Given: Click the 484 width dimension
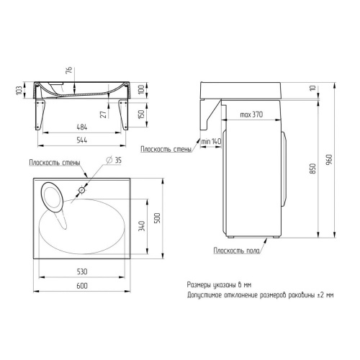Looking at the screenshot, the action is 82,127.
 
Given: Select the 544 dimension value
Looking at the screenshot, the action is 82,140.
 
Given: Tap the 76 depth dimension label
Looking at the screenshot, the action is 69,70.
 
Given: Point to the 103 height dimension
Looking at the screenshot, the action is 19,90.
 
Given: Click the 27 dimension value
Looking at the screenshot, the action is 104,114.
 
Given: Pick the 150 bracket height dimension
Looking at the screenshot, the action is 142,114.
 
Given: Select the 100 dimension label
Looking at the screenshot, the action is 142,89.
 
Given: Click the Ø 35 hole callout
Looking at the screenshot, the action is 114,160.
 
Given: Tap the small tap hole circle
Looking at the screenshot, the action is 82,190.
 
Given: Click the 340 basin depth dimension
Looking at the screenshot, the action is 142,226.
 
